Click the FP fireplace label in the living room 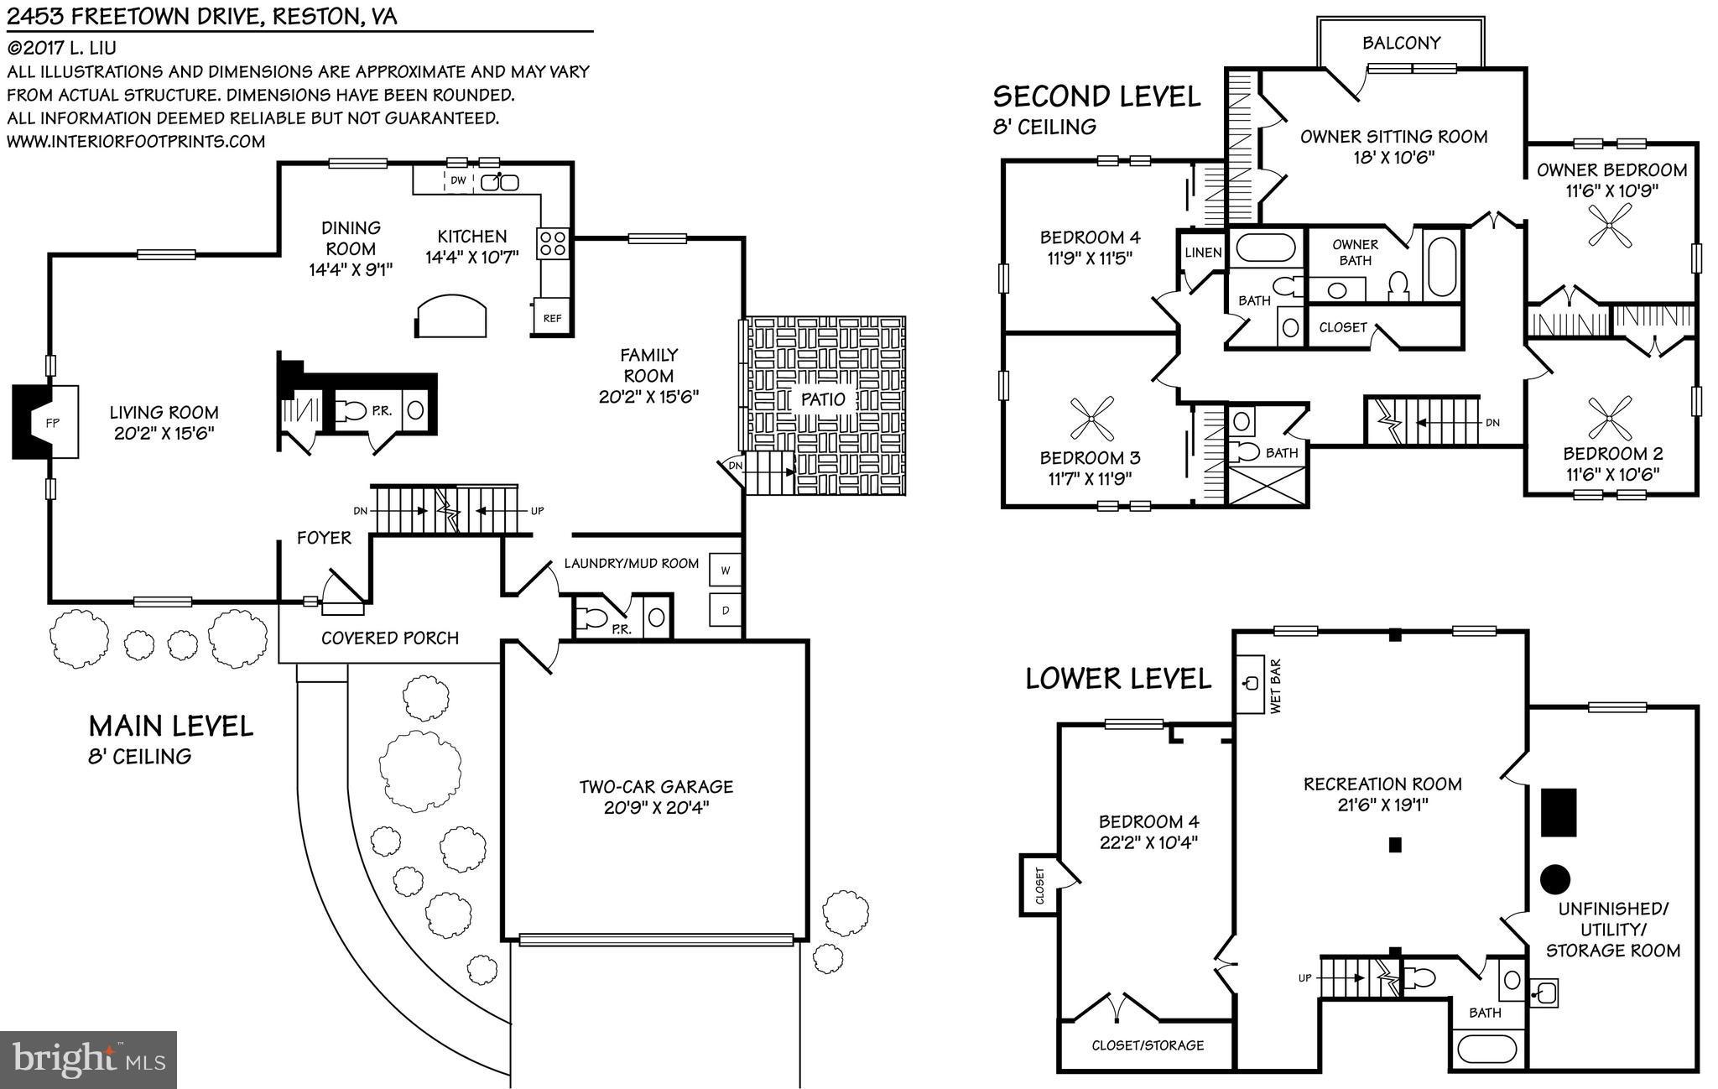pyautogui.click(x=52, y=422)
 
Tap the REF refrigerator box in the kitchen pyautogui.click(x=552, y=318)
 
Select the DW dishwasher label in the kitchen pyautogui.click(x=458, y=180)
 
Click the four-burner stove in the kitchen pyautogui.click(x=553, y=243)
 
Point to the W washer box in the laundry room pyautogui.click(x=726, y=571)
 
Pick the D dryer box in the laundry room pyautogui.click(x=726, y=611)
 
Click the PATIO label pyautogui.click(x=823, y=399)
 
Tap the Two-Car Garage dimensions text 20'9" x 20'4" pyautogui.click(x=656, y=808)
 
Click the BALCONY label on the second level pyautogui.click(x=1401, y=43)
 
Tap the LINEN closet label pyautogui.click(x=1203, y=253)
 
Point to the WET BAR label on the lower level pyautogui.click(x=1276, y=686)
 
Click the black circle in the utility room pyautogui.click(x=1554, y=878)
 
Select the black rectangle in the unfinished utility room pyautogui.click(x=1559, y=811)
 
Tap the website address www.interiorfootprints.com pyautogui.click(x=136, y=141)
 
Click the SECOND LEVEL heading pyautogui.click(x=1096, y=96)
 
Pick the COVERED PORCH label pyautogui.click(x=390, y=638)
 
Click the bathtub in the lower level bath pyautogui.click(x=1487, y=1048)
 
